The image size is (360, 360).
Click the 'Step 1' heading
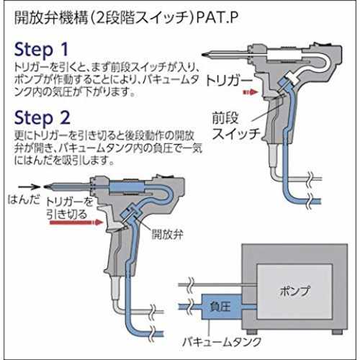pyautogui.click(x=41, y=50)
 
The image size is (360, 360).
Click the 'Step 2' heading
pyautogui.click(x=42, y=118)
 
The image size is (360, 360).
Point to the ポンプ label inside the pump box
pyautogui.click(x=294, y=291)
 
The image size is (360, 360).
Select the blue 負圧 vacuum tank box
pyautogui.click(x=221, y=307)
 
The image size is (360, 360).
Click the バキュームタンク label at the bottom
pyautogui.click(x=222, y=341)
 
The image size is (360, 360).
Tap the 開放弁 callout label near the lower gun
pyautogui.click(x=167, y=233)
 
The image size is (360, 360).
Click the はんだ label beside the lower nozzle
pyautogui.click(x=24, y=199)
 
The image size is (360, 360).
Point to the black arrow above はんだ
pyautogui.click(x=30, y=186)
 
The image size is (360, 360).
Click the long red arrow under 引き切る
pyautogui.click(x=76, y=222)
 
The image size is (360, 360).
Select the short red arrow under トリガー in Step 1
pyautogui.click(x=251, y=92)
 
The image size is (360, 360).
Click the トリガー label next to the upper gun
pyautogui.click(x=229, y=81)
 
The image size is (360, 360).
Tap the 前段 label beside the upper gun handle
pyautogui.click(x=225, y=118)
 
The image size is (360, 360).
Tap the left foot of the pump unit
pyautogui.click(x=252, y=332)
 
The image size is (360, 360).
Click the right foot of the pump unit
pyautogui.click(x=337, y=332)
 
